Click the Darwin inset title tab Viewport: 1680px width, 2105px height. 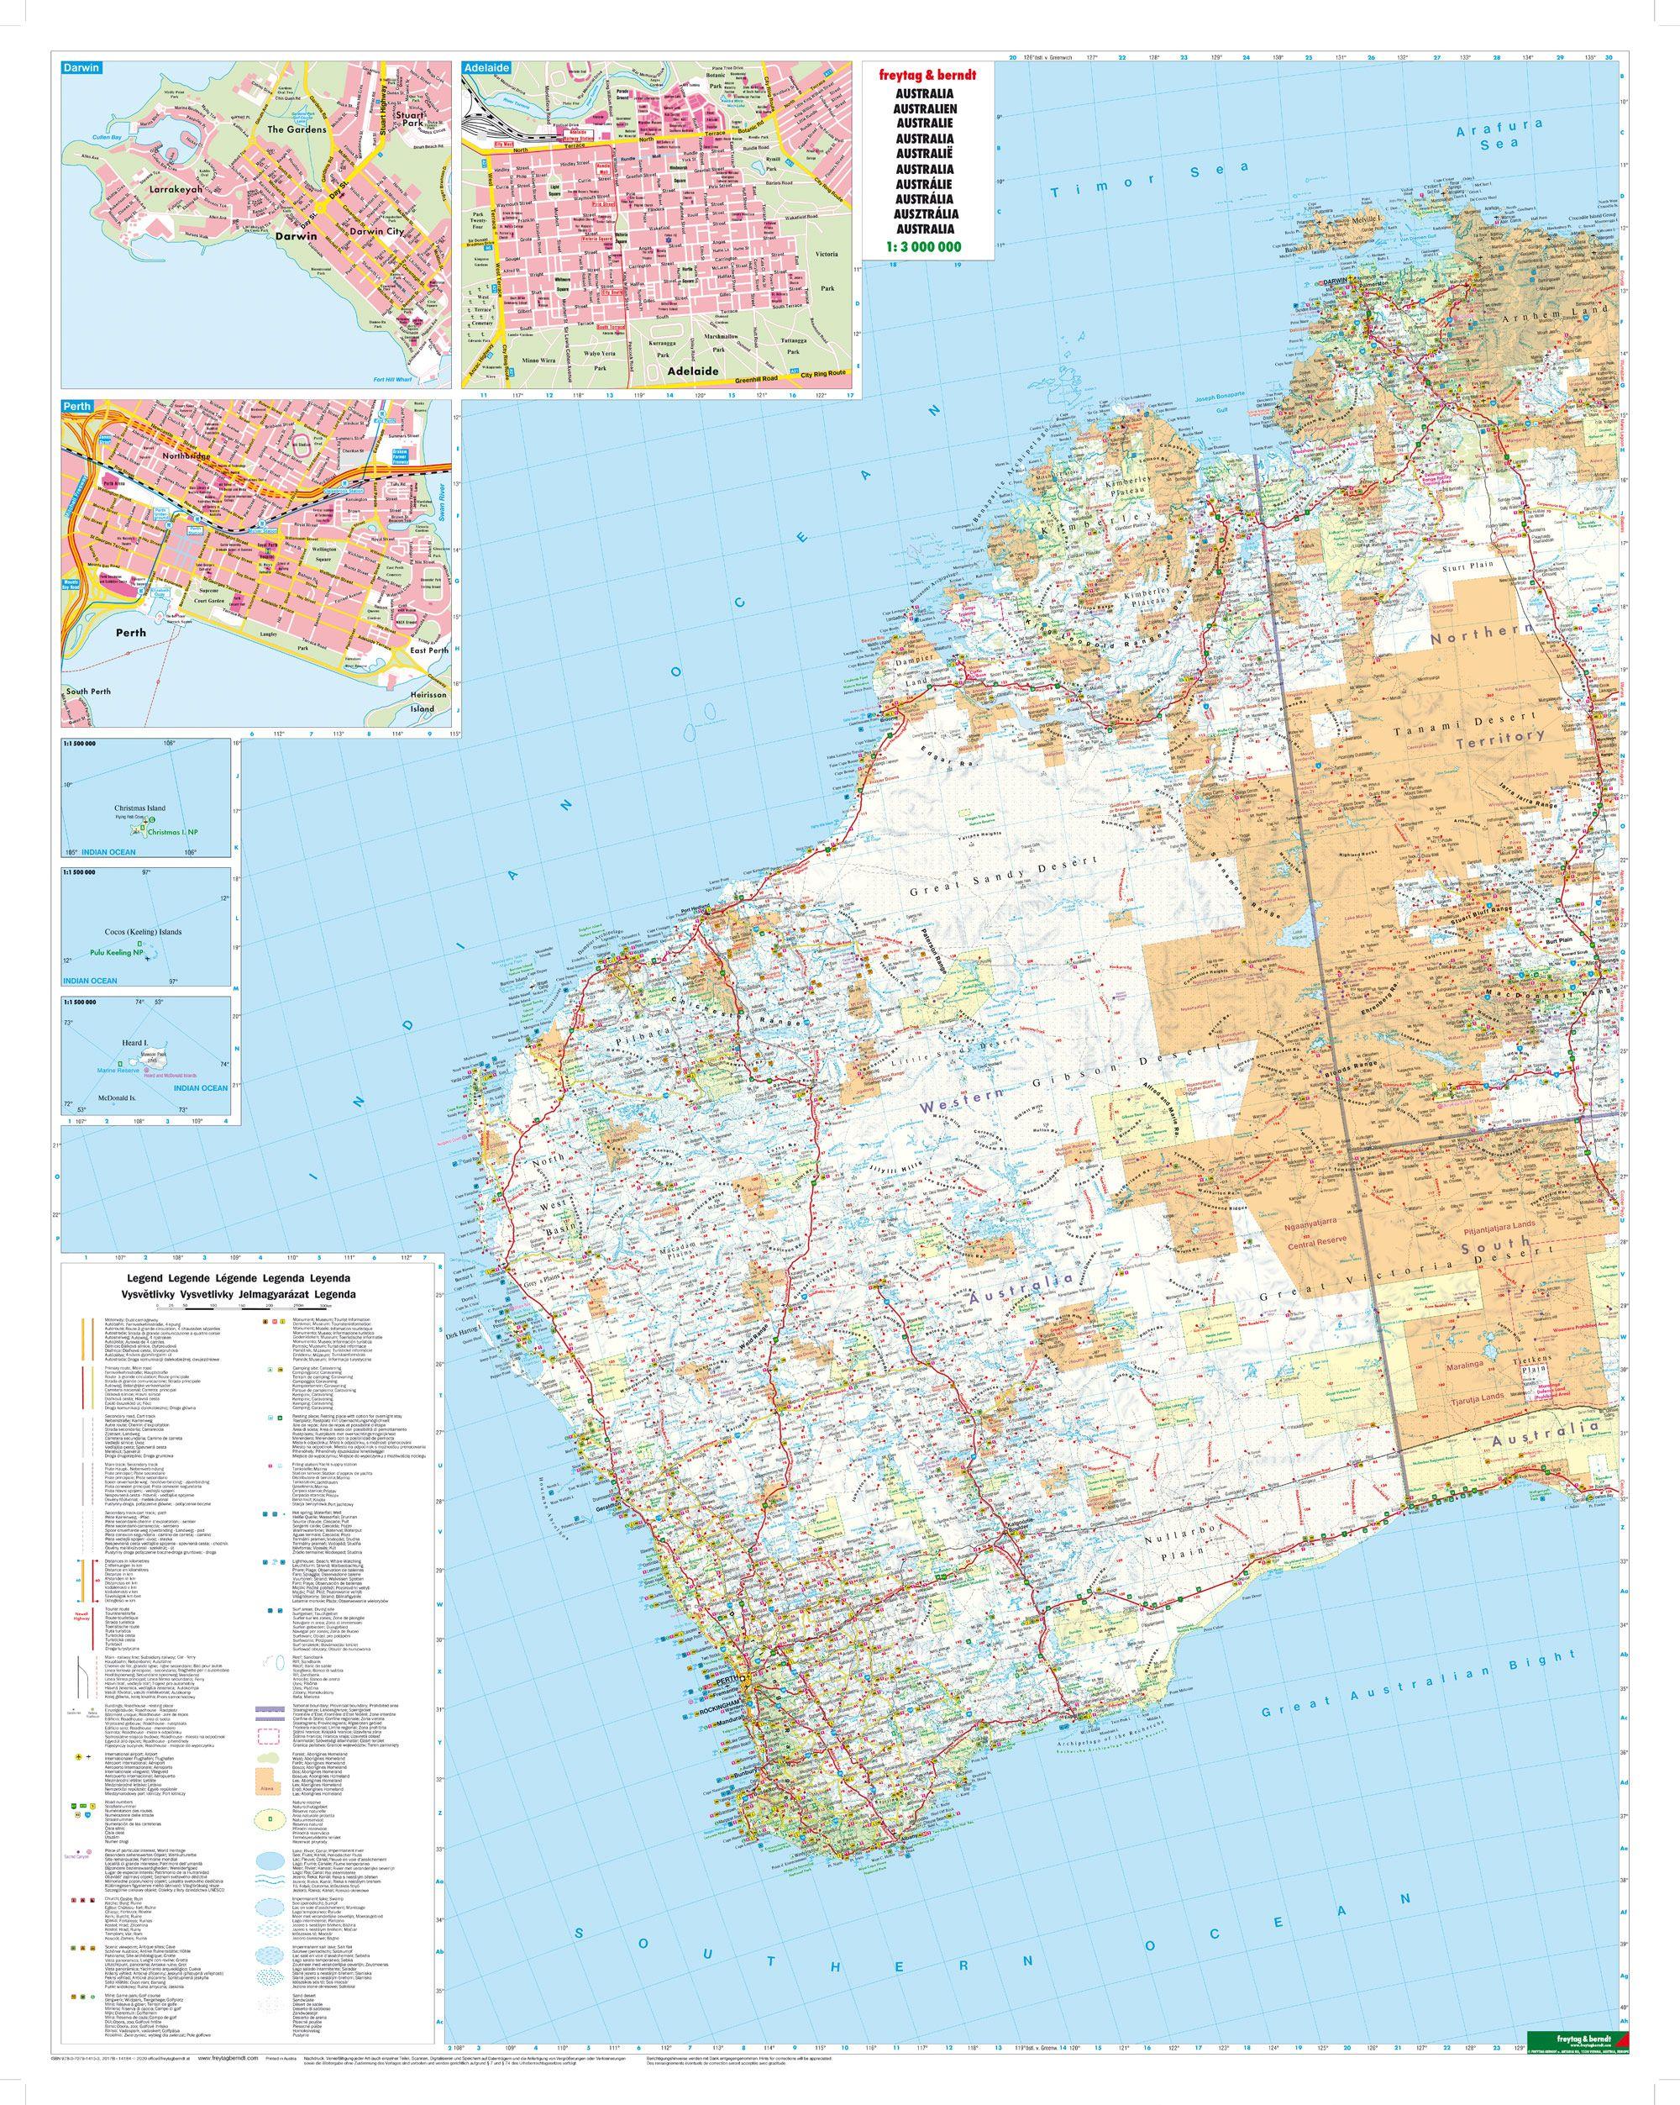pos(78,69)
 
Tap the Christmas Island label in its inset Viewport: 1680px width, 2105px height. pos(139,808)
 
